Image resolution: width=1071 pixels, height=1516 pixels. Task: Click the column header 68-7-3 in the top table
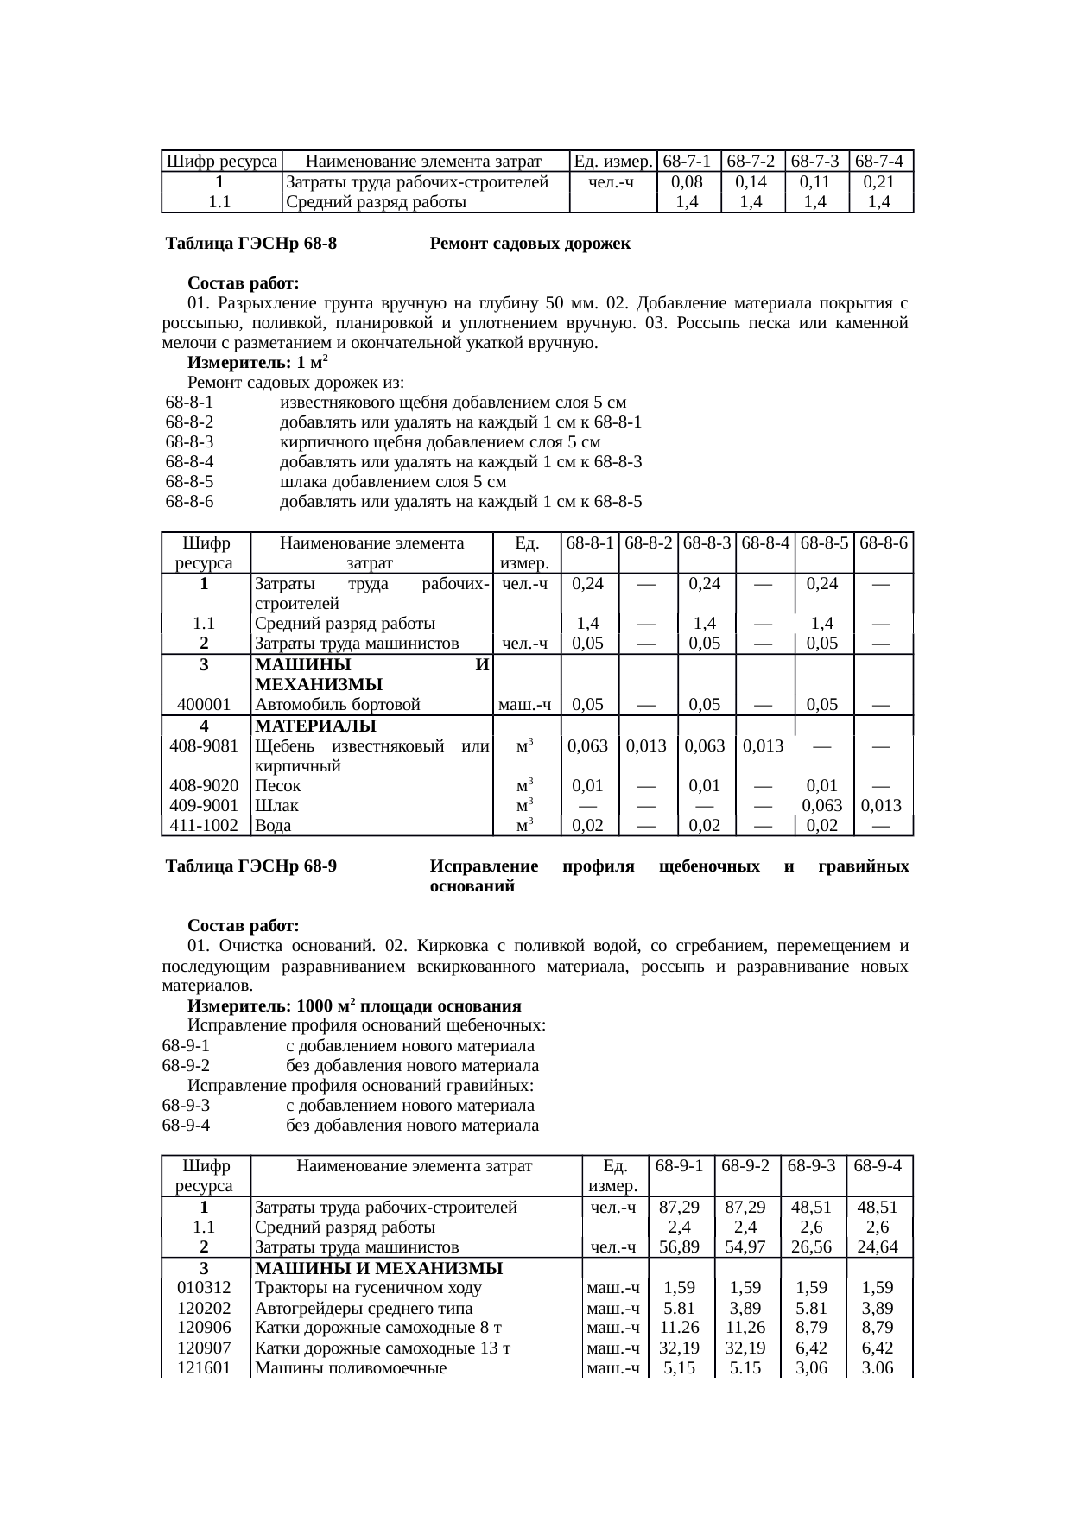[x=816, y=162]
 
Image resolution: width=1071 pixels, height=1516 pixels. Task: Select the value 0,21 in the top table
[x=880, y=182]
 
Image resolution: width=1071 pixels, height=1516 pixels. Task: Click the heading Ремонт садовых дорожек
[x=529, y=244]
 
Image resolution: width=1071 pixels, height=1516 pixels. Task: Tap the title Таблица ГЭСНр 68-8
[x=251, y=244]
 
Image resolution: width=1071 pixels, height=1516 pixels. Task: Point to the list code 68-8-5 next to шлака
[x=189, y=482]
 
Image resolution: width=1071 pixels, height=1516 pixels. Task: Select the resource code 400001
[x=205, y=705]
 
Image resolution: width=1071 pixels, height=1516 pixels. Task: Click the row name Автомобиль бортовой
[x=337, y=705]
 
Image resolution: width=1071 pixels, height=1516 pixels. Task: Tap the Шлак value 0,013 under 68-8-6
[x=881, y=806]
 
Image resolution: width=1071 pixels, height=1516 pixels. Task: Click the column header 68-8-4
[x=765, y=543]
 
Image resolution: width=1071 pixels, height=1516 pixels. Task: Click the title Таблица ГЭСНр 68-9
[x=251, y=866]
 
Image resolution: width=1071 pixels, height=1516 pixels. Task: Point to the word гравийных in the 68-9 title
[x=863, y=866]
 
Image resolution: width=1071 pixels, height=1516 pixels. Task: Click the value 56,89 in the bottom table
[x=679, y=1247]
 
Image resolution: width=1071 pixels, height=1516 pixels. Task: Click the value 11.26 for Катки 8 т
[x=679, y=1328]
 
